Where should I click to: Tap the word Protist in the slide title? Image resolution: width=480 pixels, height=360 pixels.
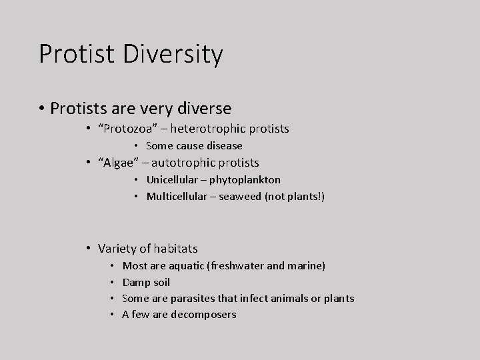[x=71, y=54]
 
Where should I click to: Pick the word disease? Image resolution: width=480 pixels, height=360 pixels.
[x=225, y=145]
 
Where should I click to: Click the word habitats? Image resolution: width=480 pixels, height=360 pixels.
[x=175, y=249]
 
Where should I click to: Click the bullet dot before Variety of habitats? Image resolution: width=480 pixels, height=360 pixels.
[x=88, y=249]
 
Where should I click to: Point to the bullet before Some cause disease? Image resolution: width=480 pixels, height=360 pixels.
[x=136, y=145]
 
